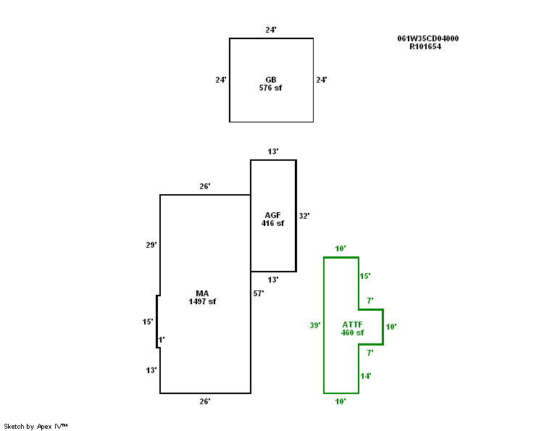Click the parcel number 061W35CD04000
(427, 38)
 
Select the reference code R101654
(425, 46)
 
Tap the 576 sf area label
(270, 88)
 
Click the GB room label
(270, 80)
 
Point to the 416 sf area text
(272, 223)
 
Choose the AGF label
(272, 215)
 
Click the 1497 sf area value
(202, 301)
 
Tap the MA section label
(202, 293)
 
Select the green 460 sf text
(353, 332)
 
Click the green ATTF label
(353, 325)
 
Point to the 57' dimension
(259, 293)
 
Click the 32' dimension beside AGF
(304, 216)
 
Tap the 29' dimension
(151, 245)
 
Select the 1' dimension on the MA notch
(162, 339)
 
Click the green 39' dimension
(315, 325)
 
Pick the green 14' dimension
(366, 376)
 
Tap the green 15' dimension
(365, 276)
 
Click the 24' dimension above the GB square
(270, 30)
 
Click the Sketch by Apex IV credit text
(35, 426)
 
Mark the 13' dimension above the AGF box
(273, 151)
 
